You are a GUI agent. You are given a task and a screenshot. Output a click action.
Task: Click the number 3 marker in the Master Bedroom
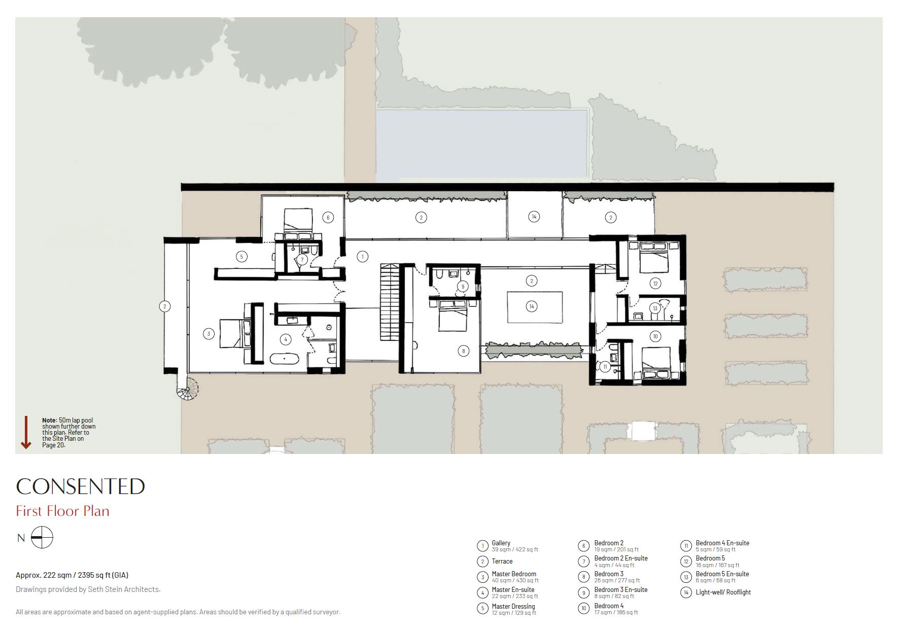pyautogui.click(x=208, y=334)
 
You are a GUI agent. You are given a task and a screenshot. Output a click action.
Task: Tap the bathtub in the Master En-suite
pyautogui.click(x=284, y=359)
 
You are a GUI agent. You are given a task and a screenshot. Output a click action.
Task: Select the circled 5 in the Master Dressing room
pyautogui.click(x=241, y=257)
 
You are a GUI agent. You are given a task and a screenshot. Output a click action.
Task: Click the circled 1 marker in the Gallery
pyautogui.click(x=362, y=257)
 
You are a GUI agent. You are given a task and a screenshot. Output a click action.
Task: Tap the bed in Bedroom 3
pyautogui.click(x=453, y=317)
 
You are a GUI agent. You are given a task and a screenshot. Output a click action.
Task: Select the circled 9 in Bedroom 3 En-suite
pyautogui.click(x=462, y=287)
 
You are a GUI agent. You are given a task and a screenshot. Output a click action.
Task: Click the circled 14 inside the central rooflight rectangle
pyautogui.click(x=532, y=306)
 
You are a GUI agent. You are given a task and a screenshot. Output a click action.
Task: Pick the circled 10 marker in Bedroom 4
pyautogui.click(x=655, y=336)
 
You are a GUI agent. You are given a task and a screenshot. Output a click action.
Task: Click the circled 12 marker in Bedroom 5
pyautogui.click(x=655, y=284)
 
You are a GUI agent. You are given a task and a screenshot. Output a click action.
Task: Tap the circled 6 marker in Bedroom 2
pyautogui.click(x=328, y=218)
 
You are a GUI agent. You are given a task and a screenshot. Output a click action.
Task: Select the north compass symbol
pyautogui.click(x=42, y=538)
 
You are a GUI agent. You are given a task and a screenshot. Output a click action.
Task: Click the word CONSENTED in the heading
pyautogui.click(x=80, y=486)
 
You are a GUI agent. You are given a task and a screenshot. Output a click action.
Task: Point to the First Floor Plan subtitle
pyautogui.click(x=62, y=511)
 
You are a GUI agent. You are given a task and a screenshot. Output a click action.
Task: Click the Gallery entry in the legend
pyautogui.click(x=501, y=543)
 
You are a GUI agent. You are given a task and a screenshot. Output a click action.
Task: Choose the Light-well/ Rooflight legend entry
pyautogui.click(x=723, y=592)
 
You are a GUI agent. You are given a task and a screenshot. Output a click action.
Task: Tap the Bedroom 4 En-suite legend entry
pyautogui.click(x=722, y=543)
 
